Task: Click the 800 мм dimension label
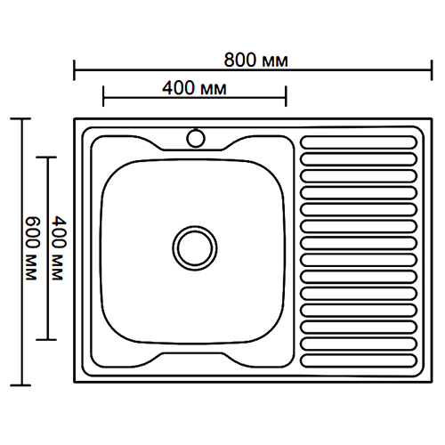pyautogui.click(x=255, y=60)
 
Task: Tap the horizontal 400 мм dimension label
pyautogui.click(x=194, y=88)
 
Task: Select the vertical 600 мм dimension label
pyautogui.click(x=32, y=248)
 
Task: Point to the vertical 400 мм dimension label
pyautogui.click(x=59, y=248)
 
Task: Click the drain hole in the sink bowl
pyautogui.click(x=195, y=248)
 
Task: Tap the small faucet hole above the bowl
pyautogui.click(x=196, y=138)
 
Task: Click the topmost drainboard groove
pyautogui.click(x=359, y=142)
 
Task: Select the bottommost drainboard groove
pyautogui.click(x=359, y=360)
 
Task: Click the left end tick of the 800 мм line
pyautogui.click(x=74, y=70)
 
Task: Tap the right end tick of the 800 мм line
pyautogui.click(x=432, y=70)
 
